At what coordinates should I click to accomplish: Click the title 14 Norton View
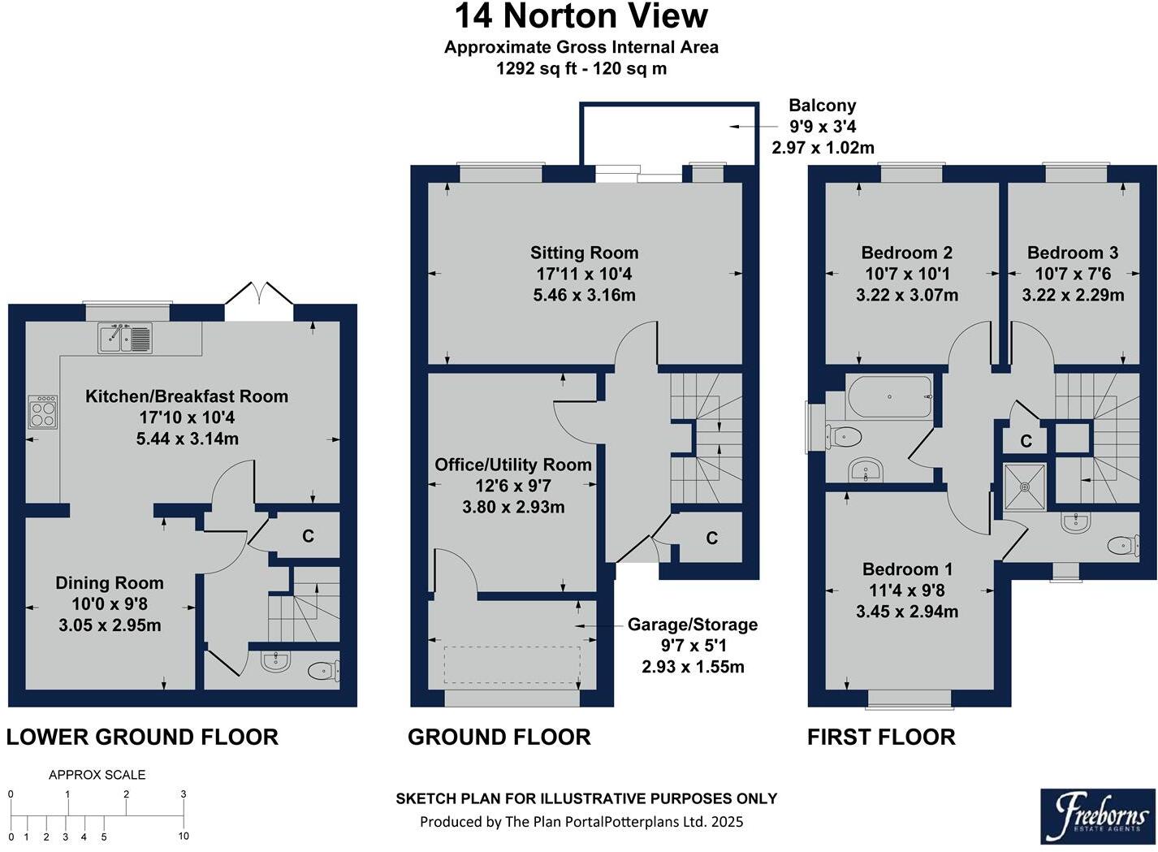[581, 17]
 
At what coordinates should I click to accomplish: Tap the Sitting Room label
[584, 253]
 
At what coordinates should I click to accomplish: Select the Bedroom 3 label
[1072, 253]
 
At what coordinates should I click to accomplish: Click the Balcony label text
[822, 106]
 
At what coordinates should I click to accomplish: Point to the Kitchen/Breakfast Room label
[187, 396]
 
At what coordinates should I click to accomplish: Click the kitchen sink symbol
[125, 337]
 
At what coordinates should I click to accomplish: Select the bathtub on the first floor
[889, 396]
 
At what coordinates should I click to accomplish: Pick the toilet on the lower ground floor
[323, 670]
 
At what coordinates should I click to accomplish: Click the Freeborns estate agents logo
[1095, 815]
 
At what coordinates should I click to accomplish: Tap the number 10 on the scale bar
[184, 837]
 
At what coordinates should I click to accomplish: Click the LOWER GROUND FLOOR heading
[142, 737]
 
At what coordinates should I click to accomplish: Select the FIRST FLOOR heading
[881, 737]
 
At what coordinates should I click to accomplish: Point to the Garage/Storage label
[692, 625]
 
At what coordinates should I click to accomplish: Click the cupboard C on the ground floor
[711, 538]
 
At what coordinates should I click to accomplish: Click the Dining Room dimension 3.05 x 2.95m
[110, 625]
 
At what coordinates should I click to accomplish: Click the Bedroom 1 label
[907, 569]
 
